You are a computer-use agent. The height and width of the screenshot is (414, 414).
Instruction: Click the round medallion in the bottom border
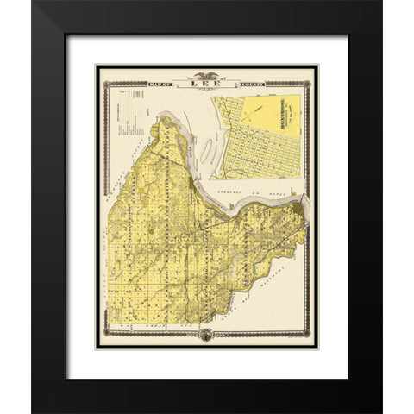pyautogui.click(x=206, y=336)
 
